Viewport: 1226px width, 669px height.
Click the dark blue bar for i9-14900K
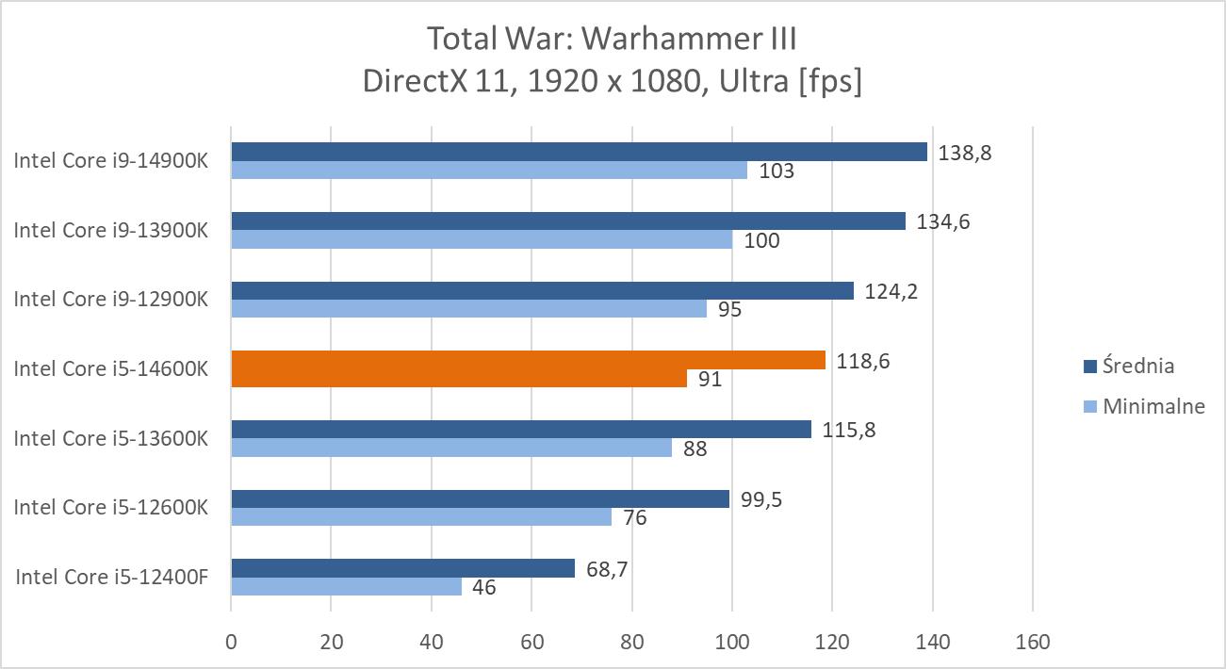coord(579,152)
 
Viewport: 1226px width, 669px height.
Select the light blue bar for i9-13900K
coord(482,240)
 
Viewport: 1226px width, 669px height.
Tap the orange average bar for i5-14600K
coord(528,360)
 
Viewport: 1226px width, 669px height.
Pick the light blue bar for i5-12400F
coord(346,587)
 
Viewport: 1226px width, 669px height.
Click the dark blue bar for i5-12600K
coord(480,498)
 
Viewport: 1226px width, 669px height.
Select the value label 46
coord(483,588)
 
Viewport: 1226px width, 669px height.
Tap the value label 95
coord(728,309)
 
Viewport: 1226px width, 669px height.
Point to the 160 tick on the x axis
coord(1033,643)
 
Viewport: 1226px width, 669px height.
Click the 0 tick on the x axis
coord(232,643)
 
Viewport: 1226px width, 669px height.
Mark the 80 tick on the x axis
coord(632,643)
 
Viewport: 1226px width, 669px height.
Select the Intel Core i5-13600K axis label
coord(111,438)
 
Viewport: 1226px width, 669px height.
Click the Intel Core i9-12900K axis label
coord(111,299)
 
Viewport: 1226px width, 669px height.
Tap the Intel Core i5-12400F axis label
coord(111,577)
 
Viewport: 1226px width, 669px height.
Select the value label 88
coord(695,449)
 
